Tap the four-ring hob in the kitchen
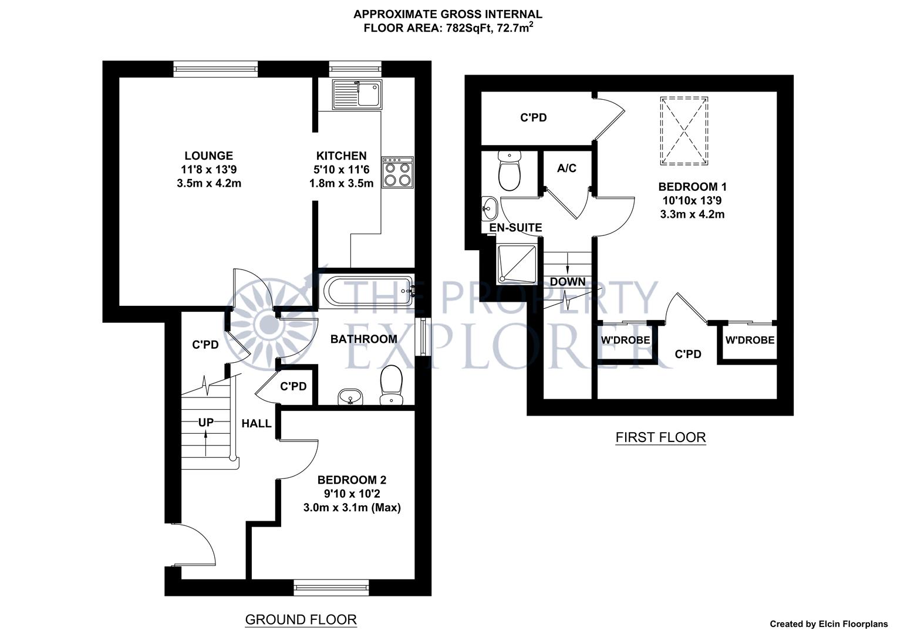[x=397, y=172]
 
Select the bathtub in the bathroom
[x=367, y=290]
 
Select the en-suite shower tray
[x=517, y=264]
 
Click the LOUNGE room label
[x=208, y=156]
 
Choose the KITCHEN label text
[x=341, y=156]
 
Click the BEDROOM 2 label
[x=352, y=480]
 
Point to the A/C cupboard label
[x=566, y=168]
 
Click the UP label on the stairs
[x=205, y=422]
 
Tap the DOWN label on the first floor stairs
[x=567, y=282]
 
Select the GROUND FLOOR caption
[x=301, y=619]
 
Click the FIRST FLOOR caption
[x=660, y=437]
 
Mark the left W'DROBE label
[x=625, y=340]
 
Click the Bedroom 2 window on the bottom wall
[x=332, y=586]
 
